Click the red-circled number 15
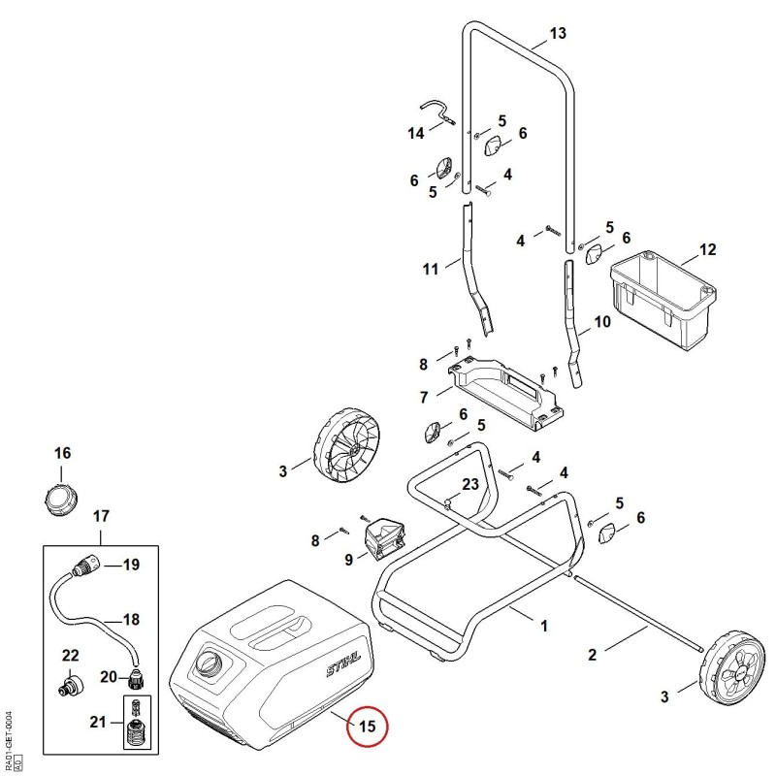tap(368, 727)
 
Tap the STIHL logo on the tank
tap(343, 663)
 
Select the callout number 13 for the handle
tap(557, 33)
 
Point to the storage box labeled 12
tap(663, 301)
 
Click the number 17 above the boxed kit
tap(101, 516)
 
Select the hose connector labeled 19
tap(87, 566)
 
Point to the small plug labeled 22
tap(71, 685)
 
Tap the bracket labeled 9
tap(385, 538)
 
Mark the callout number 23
tap(470, 484)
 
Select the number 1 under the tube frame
tap(544, 626)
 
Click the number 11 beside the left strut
tap(431, 270)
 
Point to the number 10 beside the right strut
tap(602, 322)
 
